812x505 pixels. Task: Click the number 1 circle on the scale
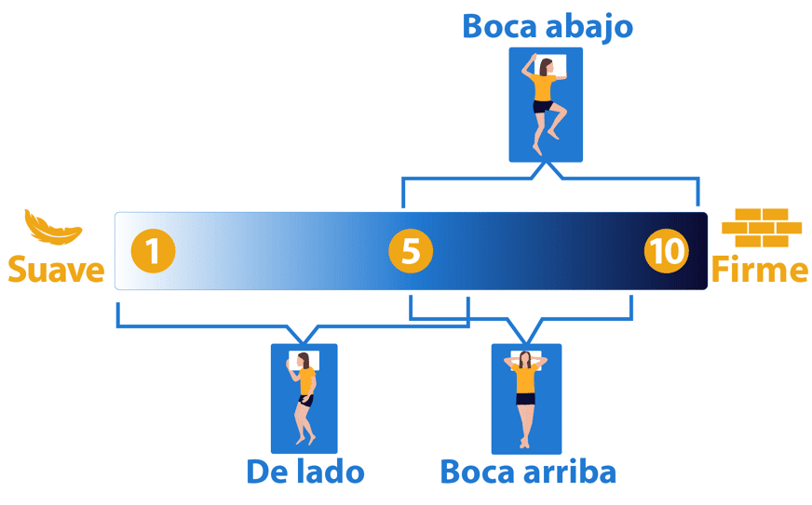coord(153,251)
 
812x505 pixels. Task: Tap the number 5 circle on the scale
coord(411,251)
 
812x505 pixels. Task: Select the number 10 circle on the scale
coord(667,251)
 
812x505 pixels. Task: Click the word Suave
coord(56,270)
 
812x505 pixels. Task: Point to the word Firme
coord(760,270)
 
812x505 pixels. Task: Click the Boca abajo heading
coord(547,26)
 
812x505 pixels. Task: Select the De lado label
coord(304,472)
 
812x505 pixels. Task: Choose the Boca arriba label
coord(528,472)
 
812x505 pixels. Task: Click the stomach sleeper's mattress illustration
coord(546,104)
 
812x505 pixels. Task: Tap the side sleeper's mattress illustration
coord(304,398)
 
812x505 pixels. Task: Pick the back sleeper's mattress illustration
coord(526,398)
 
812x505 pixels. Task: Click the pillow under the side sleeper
coord(305,359)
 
